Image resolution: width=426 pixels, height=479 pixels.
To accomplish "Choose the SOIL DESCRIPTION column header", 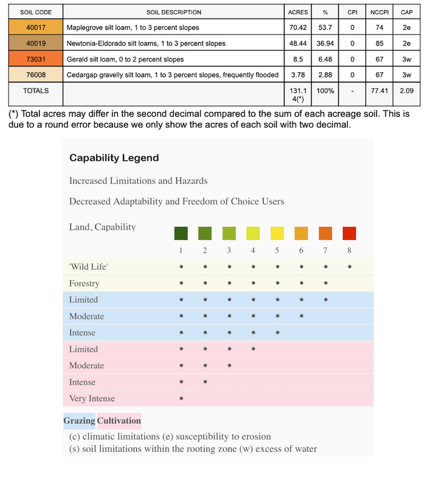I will (x=174, y=12).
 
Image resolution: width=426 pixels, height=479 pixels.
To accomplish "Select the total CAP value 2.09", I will (x=407, y=91).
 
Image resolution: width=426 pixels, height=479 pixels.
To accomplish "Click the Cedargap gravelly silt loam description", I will (x=172, y=75).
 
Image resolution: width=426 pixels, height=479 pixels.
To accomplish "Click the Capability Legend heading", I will (x=114, y=158).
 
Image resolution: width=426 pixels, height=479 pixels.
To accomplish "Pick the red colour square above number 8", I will (x=349, y=233).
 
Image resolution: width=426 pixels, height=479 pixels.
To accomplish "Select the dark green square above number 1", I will (x=181, y=233).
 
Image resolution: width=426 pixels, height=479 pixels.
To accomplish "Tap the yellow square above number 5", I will (x=277, y=233).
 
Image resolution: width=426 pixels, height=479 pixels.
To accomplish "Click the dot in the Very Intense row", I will (x=181, y=398).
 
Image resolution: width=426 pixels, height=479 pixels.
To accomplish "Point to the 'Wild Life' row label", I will (x=84, y=267).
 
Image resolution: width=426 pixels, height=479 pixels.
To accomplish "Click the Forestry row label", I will (x=84, y=283).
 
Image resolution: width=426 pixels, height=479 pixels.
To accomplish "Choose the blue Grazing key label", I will (x=79, y=421).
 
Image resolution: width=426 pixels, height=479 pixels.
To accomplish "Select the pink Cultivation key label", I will (x=119, y=421).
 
